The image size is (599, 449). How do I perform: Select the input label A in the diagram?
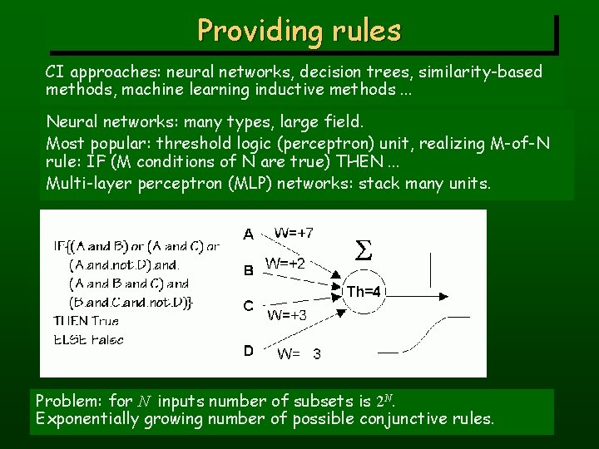click(248, 234)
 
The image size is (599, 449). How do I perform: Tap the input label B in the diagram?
click(248, 270)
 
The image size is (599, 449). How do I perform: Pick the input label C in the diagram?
click(248, 306)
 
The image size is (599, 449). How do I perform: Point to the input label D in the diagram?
click(248, 352)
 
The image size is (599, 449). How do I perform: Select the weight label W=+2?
click(285, 264)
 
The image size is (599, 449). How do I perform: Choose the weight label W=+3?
click(287, 315)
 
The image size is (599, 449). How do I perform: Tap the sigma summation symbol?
click(364, 249)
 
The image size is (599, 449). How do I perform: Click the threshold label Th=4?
click(364, 291)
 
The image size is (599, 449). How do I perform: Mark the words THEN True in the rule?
click(87, 321)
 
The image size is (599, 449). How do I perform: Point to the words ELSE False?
click(88, 339)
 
